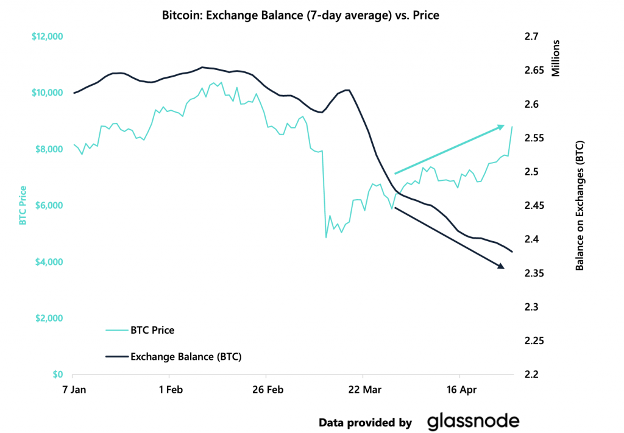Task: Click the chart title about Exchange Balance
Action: point(300,15)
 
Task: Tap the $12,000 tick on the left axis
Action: point(46,37)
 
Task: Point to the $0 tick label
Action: point(57,375)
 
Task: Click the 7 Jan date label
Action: point(73,389)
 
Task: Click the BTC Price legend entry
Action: point(152,331)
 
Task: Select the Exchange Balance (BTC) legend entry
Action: point(186,356)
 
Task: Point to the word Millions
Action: point(555,58)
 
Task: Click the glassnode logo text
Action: point(473,421)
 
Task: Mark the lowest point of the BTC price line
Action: point(326,238)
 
